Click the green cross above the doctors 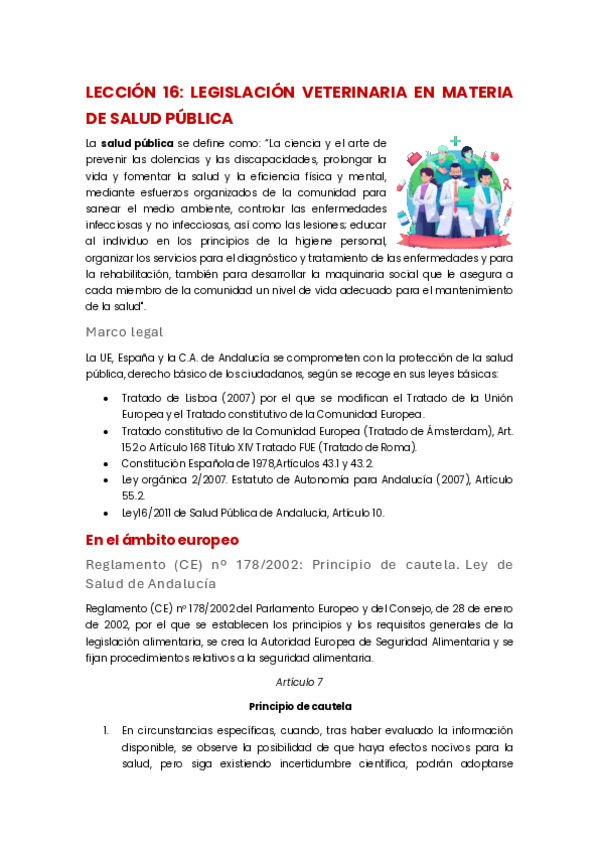(x=456, y=142)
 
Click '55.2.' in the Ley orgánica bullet (x=133, y=496)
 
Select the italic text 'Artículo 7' (x=299, y=681)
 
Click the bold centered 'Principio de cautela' (x=299, y=705)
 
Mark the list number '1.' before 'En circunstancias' (x=106, y=729)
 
